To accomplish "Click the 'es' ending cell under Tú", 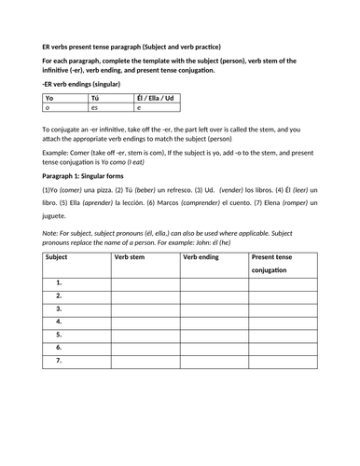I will [x=94, y=109].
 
